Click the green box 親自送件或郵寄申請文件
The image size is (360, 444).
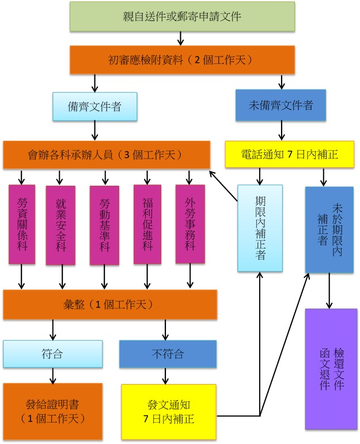point(182,16)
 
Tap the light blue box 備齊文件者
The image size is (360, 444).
point(94,106)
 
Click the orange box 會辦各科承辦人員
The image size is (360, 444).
point(106,155)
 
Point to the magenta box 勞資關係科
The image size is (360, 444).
point(22,224)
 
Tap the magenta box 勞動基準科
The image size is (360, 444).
point(104,225)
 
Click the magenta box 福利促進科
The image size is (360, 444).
point(147,225)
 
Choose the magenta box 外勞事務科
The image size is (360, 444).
point(190,224)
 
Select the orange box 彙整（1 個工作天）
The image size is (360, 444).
point(110,304)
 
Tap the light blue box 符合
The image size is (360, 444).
point(53,354)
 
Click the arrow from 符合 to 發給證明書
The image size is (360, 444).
point(53,375)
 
